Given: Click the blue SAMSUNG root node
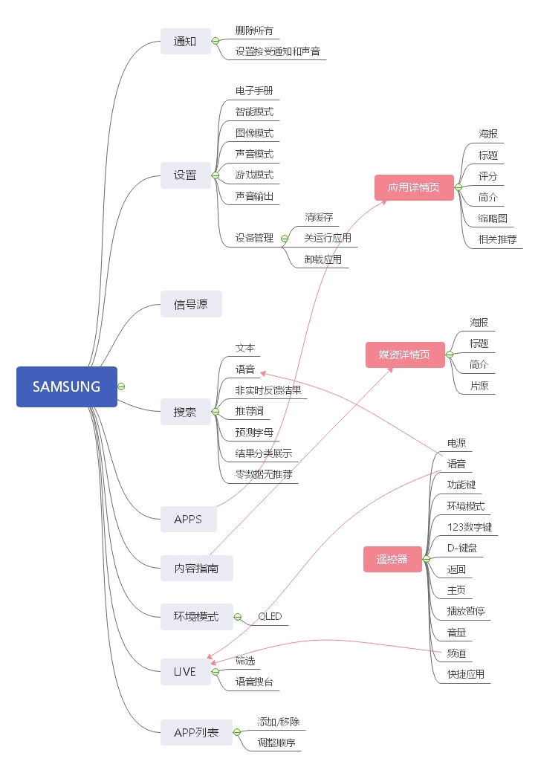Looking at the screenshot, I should (66, 386).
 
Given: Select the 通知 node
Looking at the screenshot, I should (185, 41).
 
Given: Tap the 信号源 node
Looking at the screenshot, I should (191, 304).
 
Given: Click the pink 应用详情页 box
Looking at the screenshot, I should (413, 187).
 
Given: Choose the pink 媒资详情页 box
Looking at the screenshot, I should (404, 355).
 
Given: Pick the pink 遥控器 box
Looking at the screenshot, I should (392, 559).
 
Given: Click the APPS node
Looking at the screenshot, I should (188, 519).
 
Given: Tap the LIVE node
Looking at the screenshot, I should (185, 672).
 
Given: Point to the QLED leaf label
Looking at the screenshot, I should (270, 617).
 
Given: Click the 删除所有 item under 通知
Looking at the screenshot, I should (254, 30).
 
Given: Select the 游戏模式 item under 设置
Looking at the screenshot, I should (254, 175).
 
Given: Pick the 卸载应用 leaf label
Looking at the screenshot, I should (323, 259).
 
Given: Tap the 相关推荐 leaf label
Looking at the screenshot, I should (498, 239).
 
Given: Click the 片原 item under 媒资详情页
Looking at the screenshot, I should (479, 386).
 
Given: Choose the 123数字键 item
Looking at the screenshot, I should (469, 527).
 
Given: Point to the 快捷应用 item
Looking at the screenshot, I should (466, 674).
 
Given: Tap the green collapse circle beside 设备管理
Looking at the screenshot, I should (285, 239).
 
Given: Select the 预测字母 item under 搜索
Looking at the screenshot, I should (254, 432).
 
